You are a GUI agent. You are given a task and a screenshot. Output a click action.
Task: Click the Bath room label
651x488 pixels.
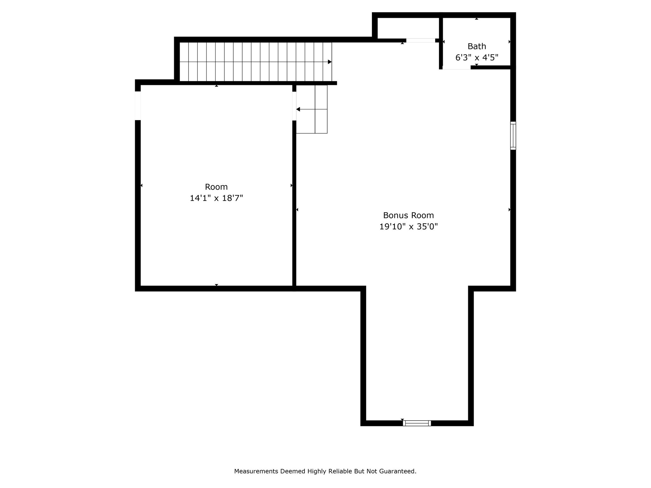pyautogui.click(x=476, y=46)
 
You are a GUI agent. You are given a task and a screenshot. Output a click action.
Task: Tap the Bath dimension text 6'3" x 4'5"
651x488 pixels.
pyautogui.click(x=476, y=58)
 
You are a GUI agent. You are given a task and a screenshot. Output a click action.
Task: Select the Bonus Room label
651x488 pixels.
pyautogui.click(x=408, y=215)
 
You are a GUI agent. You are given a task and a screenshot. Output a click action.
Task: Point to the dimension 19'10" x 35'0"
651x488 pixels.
pyautogui.click(x=408, y=227)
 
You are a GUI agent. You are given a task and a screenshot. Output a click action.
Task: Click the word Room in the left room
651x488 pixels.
pyautogui.click(x=216, y=187)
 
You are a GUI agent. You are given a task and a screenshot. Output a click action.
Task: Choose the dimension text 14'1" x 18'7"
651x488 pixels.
pyautogui.click(x=216, y=198)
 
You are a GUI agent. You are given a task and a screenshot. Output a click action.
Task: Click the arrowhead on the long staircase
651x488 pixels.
pyautogui.click(x=330, y=62)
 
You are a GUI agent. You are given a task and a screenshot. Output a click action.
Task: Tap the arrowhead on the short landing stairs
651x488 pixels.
pyautogui.click(x=298, y=109)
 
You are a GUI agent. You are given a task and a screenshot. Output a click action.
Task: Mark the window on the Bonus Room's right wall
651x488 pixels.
pyautogui.click(x=513, y=136)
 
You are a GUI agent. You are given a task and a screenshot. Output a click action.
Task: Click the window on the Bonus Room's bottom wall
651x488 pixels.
pyautogui.click(x=417, y=423)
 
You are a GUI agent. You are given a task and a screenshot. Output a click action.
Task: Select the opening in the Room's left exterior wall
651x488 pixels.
pyautogui.click(x=138, y=106)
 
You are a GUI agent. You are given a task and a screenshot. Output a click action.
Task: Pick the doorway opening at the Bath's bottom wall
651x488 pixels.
pyautogui.click(x=456, y=67)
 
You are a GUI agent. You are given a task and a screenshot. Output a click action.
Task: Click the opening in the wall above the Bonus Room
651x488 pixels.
pyautogui.click(x=421, y=40)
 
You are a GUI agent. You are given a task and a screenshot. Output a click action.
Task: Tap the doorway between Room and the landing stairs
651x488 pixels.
pyautogui.click(x=294, y=106)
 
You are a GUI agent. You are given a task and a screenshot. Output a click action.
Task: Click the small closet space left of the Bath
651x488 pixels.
pyautogui.click(x=408, y=28)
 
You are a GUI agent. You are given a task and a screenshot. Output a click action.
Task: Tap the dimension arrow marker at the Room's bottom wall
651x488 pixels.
pyautogui.click(x=216, y=285)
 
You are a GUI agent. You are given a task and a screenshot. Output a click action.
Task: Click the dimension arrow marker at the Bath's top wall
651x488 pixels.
pyautogui.click(x=476, y=19)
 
